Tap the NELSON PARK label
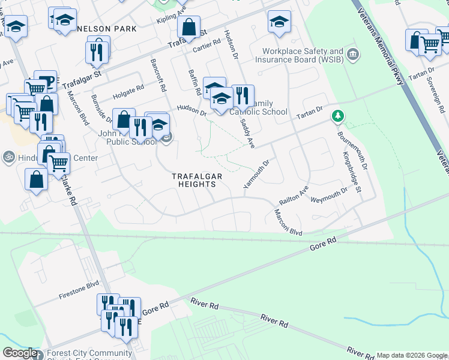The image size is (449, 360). click(106, 29)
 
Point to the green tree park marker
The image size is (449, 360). click(339, 115)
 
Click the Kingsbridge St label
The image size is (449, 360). click(351, 172)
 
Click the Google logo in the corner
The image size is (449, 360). click(20, 353)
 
